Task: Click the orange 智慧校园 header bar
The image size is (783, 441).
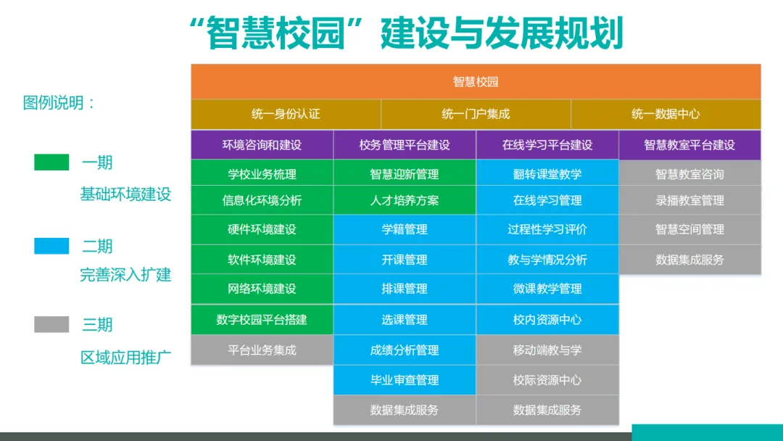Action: [476, 81]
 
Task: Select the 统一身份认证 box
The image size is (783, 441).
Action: [286, 114]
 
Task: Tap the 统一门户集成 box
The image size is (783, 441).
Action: [476, 114]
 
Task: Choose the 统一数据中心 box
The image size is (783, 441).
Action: [666, 114]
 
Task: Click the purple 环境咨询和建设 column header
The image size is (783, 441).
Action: [262, 145]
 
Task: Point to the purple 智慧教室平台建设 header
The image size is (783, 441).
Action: [689, 145]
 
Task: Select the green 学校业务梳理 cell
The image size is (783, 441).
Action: [262, 174]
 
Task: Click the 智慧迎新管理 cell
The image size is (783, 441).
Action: [405, 174]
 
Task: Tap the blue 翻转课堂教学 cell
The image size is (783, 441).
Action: [547, 174]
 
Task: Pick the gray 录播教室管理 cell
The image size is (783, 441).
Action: [689, 200]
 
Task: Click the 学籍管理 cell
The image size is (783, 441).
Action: [405, 229]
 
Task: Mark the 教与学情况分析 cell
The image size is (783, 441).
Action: [547, 260]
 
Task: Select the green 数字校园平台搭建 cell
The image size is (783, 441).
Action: [262, 319]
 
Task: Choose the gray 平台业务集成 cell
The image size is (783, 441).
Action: [262, 350]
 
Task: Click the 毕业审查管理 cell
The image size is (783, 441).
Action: [405, 379]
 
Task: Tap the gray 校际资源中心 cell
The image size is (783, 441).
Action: [547, 379]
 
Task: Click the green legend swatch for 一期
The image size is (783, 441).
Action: [51, 162]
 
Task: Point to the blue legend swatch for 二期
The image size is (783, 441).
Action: [51, 246]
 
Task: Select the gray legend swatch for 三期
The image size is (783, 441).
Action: [51, 324]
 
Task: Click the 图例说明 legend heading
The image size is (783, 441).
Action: [59, 103]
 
